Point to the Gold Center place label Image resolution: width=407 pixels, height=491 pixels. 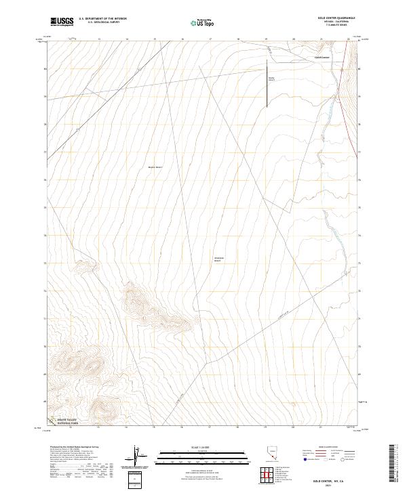pos(322,58)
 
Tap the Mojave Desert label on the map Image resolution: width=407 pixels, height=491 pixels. pos(155,167)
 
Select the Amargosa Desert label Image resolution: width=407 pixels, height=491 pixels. pos(218,259)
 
